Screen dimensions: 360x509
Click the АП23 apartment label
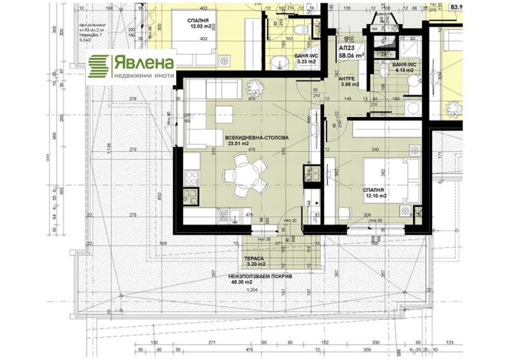347,48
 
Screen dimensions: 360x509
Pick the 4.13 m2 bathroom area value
404,71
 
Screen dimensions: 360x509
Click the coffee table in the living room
225,115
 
